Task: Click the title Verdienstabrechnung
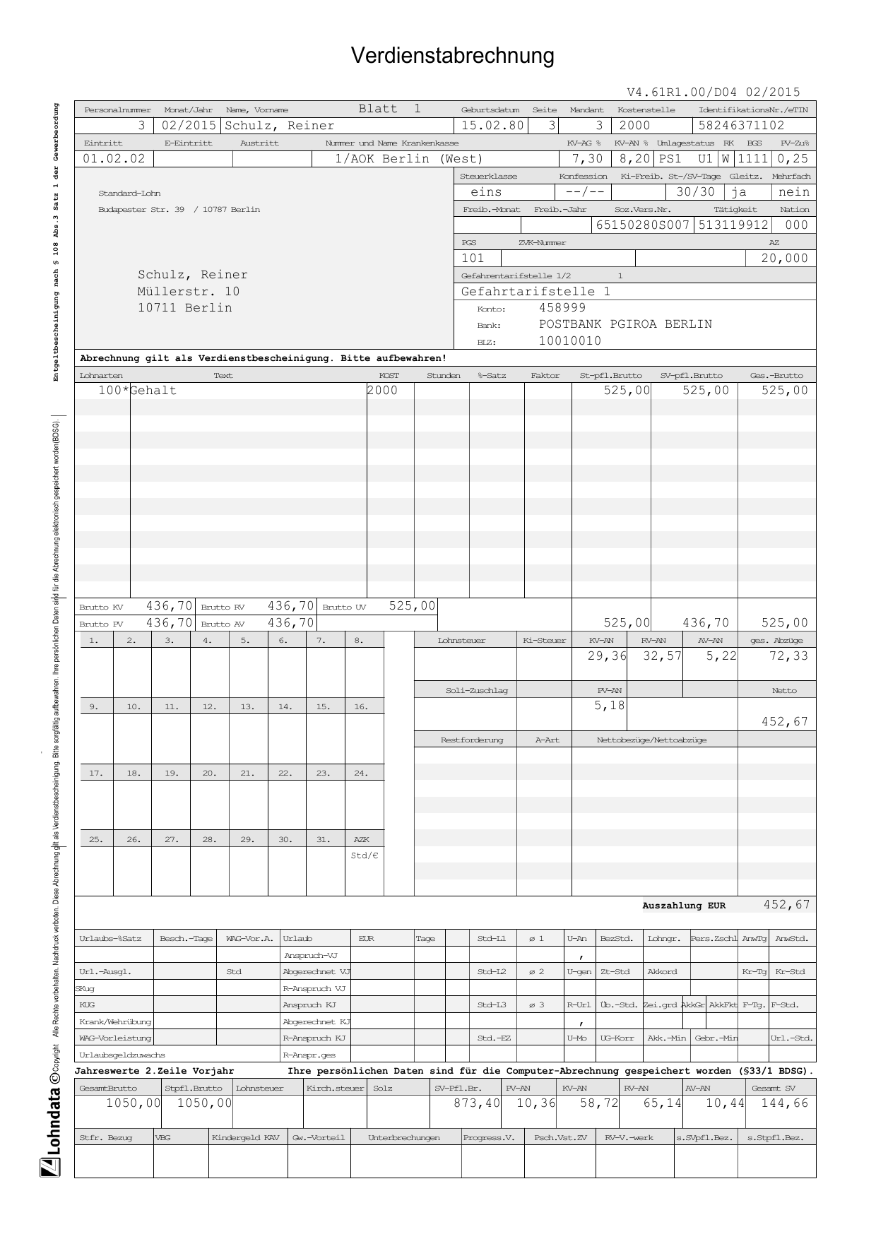point(452,56)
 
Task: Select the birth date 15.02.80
point(492,126)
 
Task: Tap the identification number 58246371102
point(741,126)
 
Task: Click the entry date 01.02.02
point(114,159)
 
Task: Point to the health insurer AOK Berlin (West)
point(408,159)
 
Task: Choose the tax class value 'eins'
point(486,192)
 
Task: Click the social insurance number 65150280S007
point(642,225)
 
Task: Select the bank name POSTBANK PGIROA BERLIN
point(625,324)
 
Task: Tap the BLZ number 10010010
point(570,341)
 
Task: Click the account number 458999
point(562,308)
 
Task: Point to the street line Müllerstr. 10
point(189,291)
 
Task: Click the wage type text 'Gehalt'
point(153,391)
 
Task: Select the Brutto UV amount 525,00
point(413,606)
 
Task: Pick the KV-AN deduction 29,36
point(607,656)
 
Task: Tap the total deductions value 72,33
point(788,656)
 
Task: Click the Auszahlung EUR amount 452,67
point(786,905)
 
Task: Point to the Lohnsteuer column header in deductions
point(461,641)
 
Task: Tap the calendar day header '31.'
point(323,839)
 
